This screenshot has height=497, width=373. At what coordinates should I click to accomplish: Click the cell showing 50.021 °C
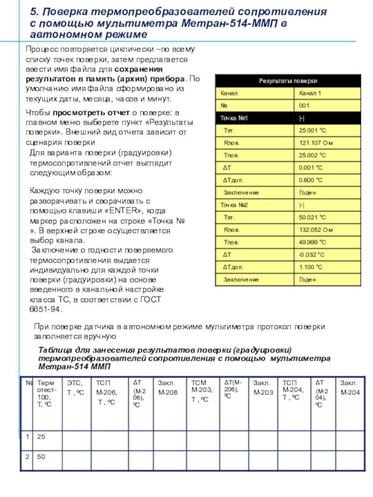click(x=312, y=217)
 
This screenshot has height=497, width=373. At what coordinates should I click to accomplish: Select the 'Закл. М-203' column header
click(x=262, y=388)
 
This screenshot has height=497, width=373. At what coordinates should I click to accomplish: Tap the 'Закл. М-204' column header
click(x=350, y=388)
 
